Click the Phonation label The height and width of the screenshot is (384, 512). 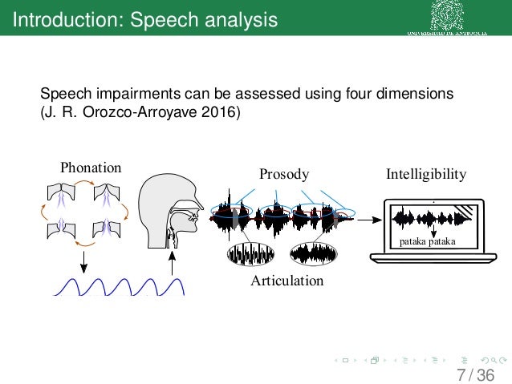(x=91, y=168)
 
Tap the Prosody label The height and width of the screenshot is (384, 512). (x=284, y=174)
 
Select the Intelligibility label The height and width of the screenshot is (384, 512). (x=425, y=173)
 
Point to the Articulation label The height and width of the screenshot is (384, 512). (x=286, y=281)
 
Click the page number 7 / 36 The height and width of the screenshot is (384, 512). (x=474, y=375)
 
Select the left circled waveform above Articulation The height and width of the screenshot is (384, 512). (x=250, y=253)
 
